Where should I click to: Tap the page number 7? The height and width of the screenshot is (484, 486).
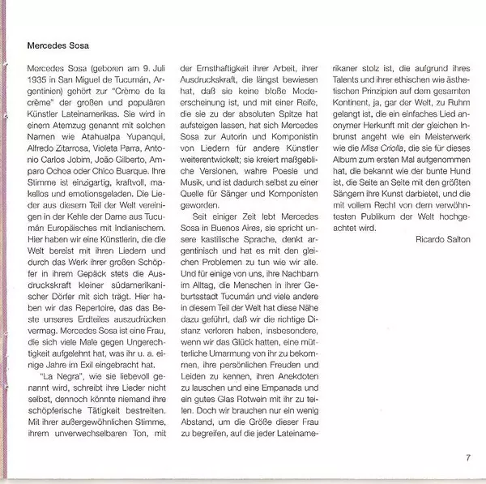[467, 458]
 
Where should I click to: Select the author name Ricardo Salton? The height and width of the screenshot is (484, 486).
[442, 240]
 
